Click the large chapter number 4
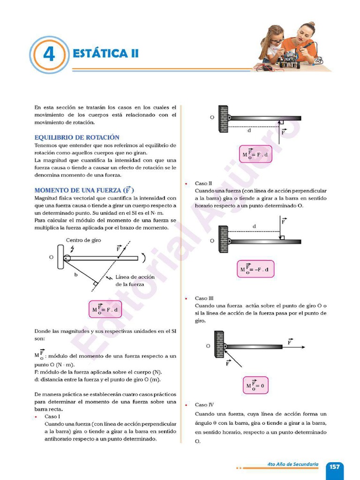pyautogui.click(x=49, y=55)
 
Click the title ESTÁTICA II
pyautogui.click(x=106, y=53)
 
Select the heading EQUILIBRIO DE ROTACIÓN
pyautogui.click(x=77, y=137)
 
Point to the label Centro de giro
pyautogui.click(x=83, y=240)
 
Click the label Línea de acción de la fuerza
pyautogui.click(x=135, y=280)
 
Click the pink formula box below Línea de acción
pyautogui.click(x=105, y=309)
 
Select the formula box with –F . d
pyautogui.click(x=255, y=269)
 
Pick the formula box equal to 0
pyautogui.click(x=255, y=386)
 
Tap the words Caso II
pyautogui.click(x=203, y=183)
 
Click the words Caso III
pyautogui.click(x=204, y=298)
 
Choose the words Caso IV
pyautogui.click(x=204, y=405)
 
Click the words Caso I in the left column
pyautogui.click(x=52, y=416)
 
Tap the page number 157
pyautogui.click(x=334, y=467)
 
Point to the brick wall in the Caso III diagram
pyautogui.click(x=219, y=344)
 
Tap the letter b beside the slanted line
pyautogui.click(x=75, y=275)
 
